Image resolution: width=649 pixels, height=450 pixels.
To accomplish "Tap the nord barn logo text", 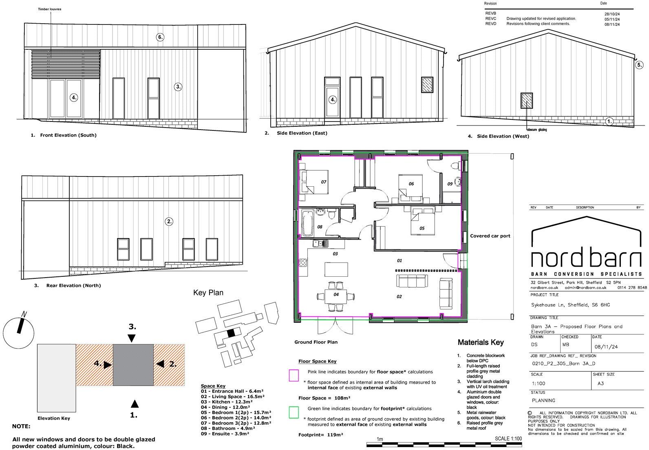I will click(586, 258).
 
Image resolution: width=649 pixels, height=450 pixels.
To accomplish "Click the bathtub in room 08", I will click(308, 223).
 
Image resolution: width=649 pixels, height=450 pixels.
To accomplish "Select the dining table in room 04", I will click(336, 295).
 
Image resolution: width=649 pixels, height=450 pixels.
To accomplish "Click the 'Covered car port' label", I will click(490, 236).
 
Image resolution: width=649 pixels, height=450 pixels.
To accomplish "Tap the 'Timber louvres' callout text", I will click(50, 9).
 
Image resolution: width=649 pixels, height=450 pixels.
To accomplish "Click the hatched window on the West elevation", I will click(526, 100).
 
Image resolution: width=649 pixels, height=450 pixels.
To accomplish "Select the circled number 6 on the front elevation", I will click(160, 37).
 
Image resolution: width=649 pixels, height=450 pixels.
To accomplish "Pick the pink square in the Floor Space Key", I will click(294, 375).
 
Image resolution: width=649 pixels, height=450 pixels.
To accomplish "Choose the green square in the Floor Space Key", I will click(294, 412).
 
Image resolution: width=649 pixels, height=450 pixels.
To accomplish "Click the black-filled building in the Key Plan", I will click(231, 333).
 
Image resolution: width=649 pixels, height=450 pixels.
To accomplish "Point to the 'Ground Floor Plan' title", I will click(316, 342).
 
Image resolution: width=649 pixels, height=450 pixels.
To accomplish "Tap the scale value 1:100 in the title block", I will click(539, 384).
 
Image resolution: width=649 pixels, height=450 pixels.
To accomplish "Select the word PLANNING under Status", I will click(543, 401).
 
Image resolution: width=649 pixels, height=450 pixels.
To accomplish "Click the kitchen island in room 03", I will click(336, 269).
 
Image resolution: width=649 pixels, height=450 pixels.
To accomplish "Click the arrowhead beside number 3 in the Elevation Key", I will click(131, 338).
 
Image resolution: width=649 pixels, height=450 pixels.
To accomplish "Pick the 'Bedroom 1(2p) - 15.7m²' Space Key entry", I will click(236, 412).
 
